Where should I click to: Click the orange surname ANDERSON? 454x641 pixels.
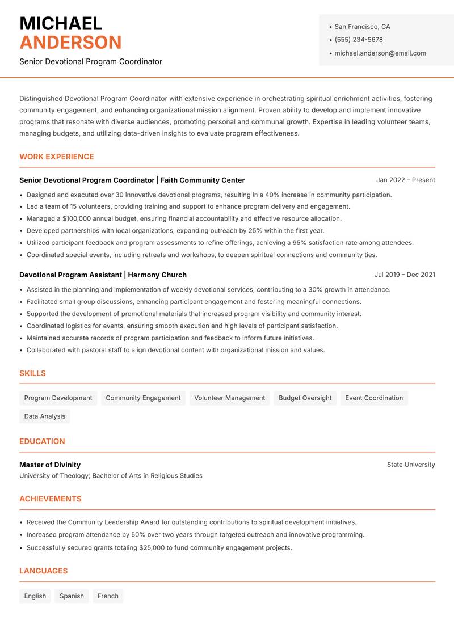coord(70,43)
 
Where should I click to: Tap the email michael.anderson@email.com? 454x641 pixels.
coord(380,53)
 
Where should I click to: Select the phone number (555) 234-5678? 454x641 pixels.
coord(358,40)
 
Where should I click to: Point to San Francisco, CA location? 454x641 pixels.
coord(362,27)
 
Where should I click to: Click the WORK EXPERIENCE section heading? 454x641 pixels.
coord(57,157)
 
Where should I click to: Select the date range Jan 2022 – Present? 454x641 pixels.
coord(405,180)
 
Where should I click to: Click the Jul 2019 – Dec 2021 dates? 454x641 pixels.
coord(405,275)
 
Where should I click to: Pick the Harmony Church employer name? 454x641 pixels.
coord(157,275)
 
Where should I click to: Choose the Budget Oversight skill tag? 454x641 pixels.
coord(305,398)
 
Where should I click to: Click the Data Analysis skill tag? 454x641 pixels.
coord(45,416)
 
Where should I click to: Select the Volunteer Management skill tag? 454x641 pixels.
coord(229,398)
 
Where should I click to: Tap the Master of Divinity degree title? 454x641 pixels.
coord(50,465)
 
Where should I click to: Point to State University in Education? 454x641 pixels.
coord(411,465)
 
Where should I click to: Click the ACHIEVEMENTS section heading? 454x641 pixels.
coord(51,499)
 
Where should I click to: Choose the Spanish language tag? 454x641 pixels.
coord(72,596)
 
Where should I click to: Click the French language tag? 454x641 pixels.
coord(108,596)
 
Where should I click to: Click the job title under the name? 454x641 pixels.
coord(91,61)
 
